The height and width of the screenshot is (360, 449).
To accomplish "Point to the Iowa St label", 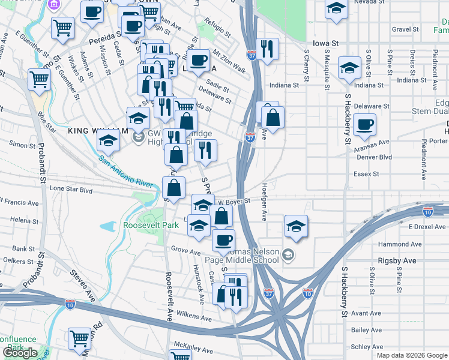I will tap(326, 43).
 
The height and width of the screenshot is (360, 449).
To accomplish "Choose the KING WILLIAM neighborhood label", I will tap(98, 131).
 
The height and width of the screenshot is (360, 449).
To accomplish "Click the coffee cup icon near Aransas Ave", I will tap(364, 125).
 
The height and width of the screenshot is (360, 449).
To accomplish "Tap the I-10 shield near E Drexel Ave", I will tap(427, 211).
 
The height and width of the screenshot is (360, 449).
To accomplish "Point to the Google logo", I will tap(20, 353).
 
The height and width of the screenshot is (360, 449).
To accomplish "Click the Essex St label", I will tap(367, 174).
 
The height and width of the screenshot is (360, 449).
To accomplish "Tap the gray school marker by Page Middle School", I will tap(289, 256).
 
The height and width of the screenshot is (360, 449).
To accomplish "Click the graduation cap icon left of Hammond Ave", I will tap(296, 226).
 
